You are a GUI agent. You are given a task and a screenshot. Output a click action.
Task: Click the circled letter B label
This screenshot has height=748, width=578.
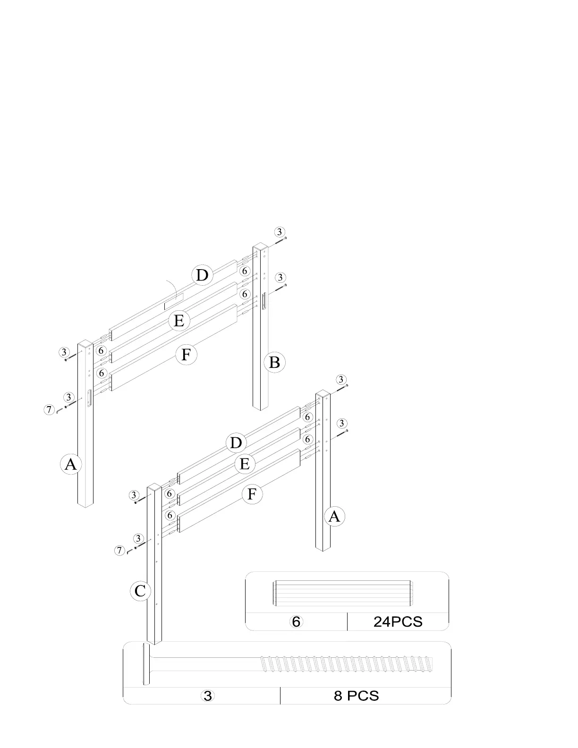274,363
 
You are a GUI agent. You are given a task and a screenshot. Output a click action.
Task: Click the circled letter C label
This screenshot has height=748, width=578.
140,591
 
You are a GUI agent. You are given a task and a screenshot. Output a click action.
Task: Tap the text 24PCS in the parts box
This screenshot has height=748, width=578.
398,621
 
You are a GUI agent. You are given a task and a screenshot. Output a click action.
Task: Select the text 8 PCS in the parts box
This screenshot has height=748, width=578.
357,696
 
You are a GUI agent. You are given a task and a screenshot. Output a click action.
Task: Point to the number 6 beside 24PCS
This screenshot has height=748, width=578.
296,621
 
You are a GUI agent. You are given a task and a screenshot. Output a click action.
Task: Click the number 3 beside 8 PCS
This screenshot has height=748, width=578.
207,696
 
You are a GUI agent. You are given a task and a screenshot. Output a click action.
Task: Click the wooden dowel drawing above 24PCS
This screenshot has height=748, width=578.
343,593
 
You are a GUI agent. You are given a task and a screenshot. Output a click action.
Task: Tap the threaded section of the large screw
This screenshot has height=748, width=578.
347,664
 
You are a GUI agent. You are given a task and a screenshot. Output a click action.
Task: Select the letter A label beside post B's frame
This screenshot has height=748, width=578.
70,465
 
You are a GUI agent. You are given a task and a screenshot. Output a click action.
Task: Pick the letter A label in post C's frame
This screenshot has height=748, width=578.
334,517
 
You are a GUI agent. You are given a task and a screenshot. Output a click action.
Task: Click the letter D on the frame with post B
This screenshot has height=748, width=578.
202,275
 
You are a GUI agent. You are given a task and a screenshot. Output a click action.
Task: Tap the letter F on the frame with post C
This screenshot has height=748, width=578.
252,494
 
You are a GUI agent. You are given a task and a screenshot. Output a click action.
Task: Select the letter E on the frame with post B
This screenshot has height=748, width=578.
179,321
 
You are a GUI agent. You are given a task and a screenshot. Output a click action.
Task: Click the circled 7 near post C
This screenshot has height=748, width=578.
119,550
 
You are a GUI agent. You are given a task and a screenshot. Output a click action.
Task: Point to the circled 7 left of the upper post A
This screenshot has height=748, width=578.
49,409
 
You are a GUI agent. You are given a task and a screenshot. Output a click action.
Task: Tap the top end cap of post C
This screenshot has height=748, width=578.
154,487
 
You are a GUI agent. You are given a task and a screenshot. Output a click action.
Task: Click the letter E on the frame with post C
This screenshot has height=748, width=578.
244,464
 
